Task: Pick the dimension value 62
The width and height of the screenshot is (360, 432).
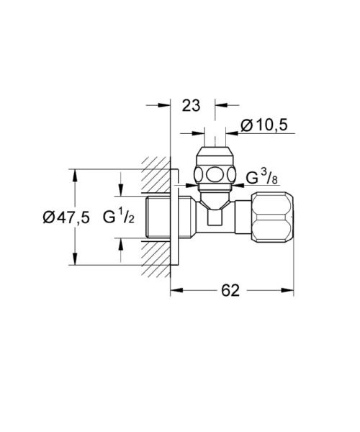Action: pos(230,290)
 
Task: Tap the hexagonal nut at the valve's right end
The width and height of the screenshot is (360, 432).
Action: pos(274,217)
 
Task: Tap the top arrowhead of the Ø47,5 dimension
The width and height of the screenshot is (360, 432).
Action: pos(73,174)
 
